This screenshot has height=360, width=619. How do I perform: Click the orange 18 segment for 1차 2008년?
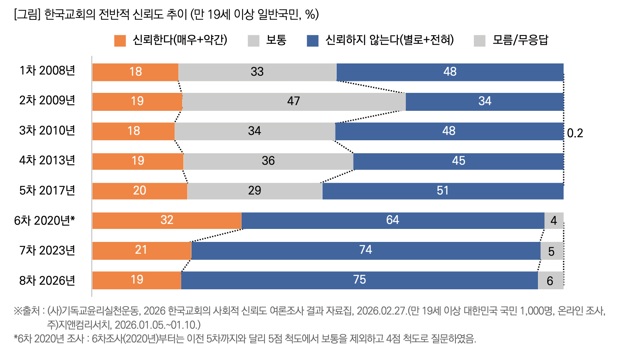(135, 72)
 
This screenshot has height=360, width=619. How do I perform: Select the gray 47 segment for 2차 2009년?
(293, 101)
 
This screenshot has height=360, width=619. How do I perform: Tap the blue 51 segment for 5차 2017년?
(442, 191)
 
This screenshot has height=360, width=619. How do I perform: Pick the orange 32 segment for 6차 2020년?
(167, 220)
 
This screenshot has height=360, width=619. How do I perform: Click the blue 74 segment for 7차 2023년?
(365, 250)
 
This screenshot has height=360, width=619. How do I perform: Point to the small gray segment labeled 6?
(550, 281)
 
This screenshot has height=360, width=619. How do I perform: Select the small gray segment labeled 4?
(554, 221)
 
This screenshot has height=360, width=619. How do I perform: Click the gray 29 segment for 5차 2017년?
(254, 191)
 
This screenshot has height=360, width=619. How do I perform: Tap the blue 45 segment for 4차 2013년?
(458, 161)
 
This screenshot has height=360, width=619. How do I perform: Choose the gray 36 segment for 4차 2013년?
(268, 161)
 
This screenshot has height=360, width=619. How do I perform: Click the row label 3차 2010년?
(47, 131)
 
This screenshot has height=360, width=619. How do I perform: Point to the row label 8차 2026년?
(47, 281)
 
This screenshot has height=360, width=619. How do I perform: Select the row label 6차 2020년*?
(44, 221)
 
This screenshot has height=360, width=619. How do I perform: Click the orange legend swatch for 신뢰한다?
(120, 41)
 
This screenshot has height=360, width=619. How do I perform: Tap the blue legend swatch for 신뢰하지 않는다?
(313, 41)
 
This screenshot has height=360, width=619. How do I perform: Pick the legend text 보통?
(276, 40)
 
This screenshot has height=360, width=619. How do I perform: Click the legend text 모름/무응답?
(520, 40)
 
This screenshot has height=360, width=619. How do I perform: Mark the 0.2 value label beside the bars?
(575, 133)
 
